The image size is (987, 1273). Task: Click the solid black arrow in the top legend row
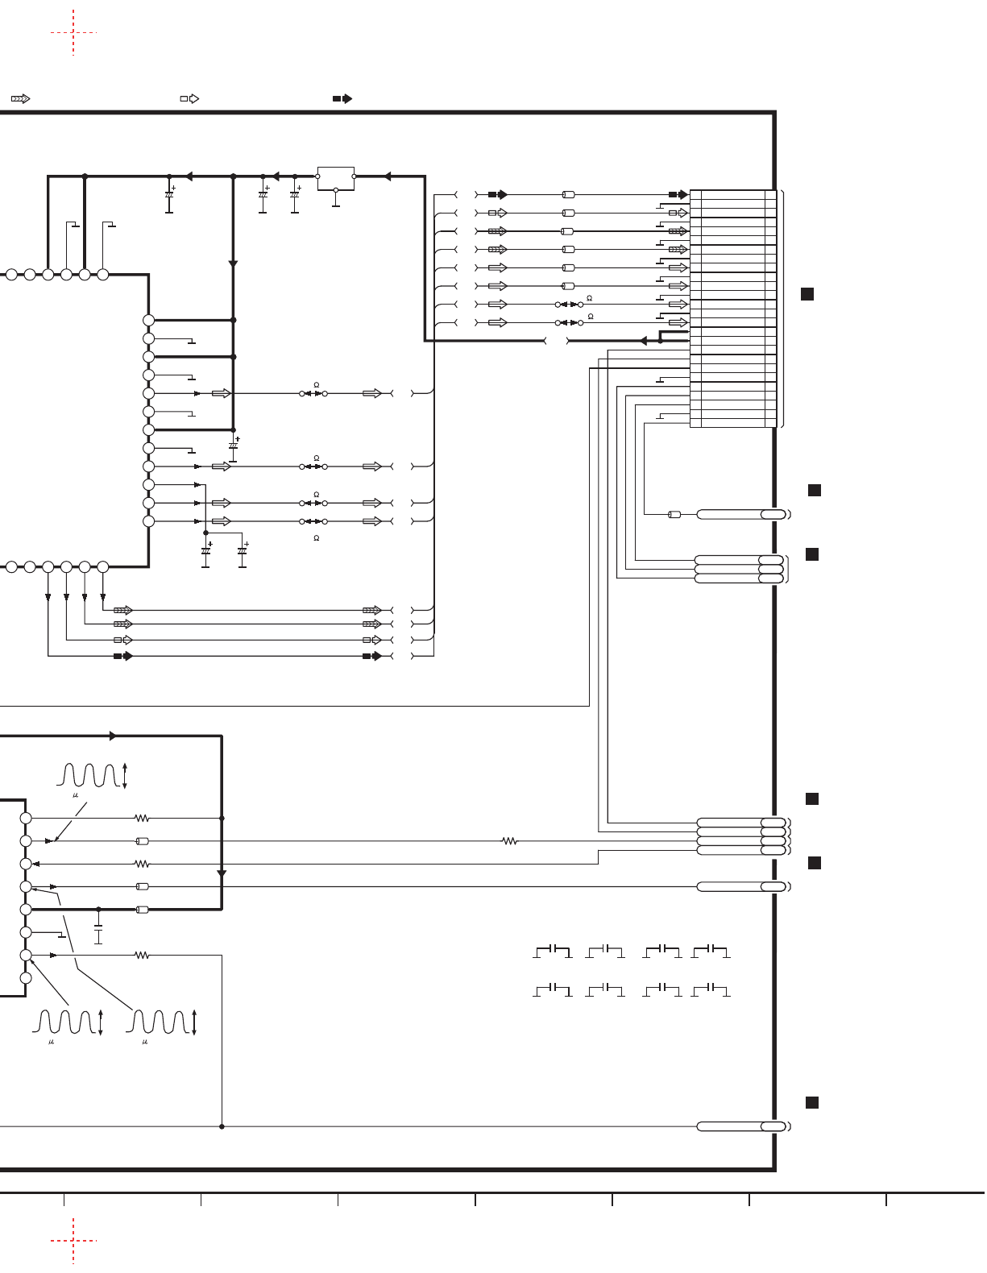tap(342, 98)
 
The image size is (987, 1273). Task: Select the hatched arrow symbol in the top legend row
tap(20, 98)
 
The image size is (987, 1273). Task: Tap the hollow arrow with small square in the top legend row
tap(189, 98)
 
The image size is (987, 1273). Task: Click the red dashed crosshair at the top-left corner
tap(73, 32)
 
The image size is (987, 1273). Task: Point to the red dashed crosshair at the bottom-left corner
tap(73, 1240)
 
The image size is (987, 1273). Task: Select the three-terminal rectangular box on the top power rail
tap(335, 178)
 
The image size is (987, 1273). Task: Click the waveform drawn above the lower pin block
tap(90, 775)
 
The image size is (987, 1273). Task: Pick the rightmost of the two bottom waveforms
tap(160, 1022)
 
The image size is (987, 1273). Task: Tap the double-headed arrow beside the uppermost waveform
tap(125, 775)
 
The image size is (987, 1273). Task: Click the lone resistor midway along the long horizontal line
tap(509, 841)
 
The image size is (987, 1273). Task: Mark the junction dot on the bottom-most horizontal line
tap(222, 1126)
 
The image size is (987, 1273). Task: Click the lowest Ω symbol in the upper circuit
tap(317, 538)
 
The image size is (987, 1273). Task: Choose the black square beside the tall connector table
tap(807, 294)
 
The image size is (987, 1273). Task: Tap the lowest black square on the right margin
tap(812, 1102)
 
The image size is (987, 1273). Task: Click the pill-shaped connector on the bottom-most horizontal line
tap(740, 1126)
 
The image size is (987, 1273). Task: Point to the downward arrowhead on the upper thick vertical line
tap(233, 263)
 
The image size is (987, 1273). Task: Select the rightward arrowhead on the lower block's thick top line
tap(113, 736)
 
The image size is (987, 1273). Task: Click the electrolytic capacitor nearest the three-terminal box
tap(295, 196)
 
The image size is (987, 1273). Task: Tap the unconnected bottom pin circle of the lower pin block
tap(26, 978)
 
